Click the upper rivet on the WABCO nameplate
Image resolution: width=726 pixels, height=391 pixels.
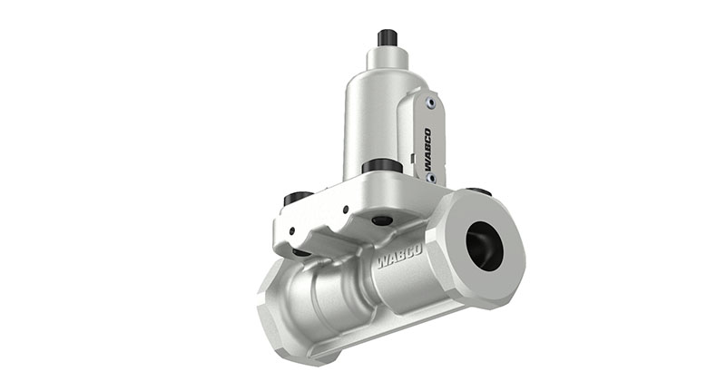[430, 103]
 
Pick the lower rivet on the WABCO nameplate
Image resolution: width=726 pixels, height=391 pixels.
[430, 179]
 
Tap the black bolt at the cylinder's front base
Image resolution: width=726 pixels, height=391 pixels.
[382, 166]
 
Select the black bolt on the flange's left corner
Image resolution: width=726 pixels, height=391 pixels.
[298, 198]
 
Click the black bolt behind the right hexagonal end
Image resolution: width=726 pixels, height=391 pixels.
[479, 191]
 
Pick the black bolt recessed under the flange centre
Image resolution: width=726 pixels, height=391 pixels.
[382, 220]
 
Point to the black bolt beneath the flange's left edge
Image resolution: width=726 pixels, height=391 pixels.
[299, 250]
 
